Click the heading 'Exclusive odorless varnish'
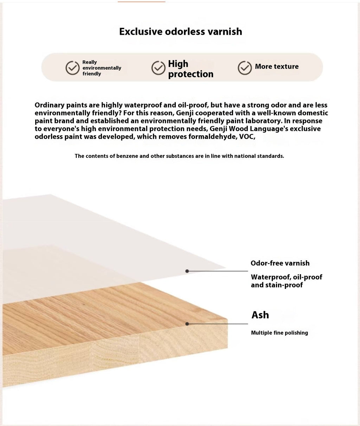[x=180, y=32]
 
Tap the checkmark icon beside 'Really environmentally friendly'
[x=72, y=68]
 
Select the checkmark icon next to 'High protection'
[x=158, y=68]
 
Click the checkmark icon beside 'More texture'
[x=245, y=68]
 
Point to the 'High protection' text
[x=191, y=69]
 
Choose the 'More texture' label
[x=277, y=66]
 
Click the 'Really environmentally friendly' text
[x=101, y=68]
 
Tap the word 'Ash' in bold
[x=260, y=315]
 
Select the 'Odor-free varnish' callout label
[x=280, y=263]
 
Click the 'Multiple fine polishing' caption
[x=279, y=333]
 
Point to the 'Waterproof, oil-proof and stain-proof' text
[x=286, y=281]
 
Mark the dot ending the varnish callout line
[x=187, y=271]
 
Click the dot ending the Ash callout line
[x=187, y=324]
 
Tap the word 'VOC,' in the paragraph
[x=247, y=137]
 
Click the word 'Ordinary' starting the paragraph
[x=49, y=105]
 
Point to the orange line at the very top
[x=141, y=2]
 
